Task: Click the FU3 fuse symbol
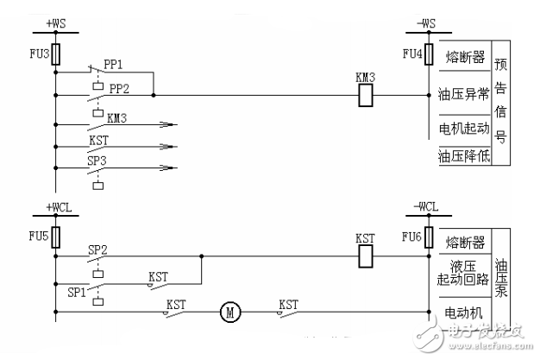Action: (56, 54)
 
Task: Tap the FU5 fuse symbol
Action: (56, 236)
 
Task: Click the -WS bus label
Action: (426, 20)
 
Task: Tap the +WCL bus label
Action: (58, 207)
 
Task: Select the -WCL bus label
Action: (426, 207)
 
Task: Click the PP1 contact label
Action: (113, 64)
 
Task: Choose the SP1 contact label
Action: (78, 293)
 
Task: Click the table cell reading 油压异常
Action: (464, 95)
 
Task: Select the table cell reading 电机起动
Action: (464, 127)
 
